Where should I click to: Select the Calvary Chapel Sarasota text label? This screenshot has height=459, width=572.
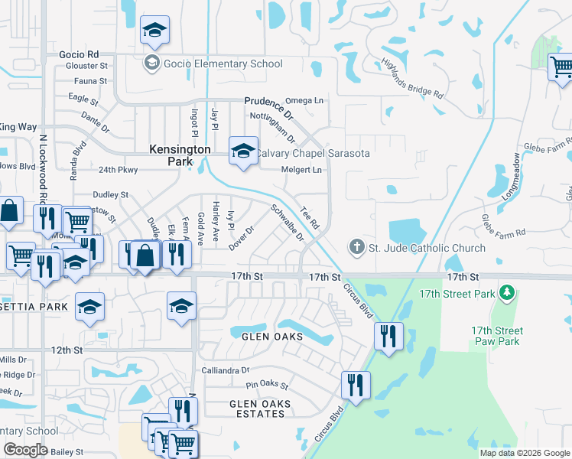(x=312, y=153)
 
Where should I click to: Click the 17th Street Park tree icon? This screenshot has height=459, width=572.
(x=505, y=293)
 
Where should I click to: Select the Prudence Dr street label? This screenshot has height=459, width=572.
(x=263, y=101)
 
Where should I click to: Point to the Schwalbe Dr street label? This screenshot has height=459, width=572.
(x=288, y=222)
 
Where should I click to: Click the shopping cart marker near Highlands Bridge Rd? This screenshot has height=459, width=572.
(x=561, y=67)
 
